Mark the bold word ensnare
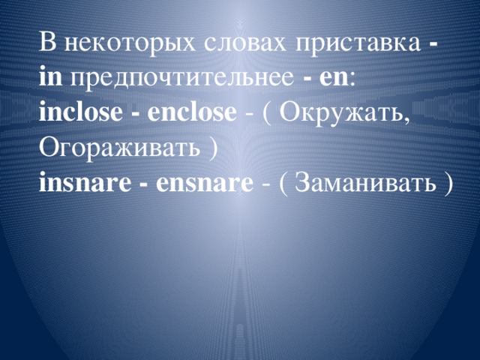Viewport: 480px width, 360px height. click(x=202, y=182)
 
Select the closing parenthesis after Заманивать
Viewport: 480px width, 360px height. click(x=448, y=183)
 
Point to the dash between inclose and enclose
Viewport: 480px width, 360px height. click(x=138, y=114)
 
